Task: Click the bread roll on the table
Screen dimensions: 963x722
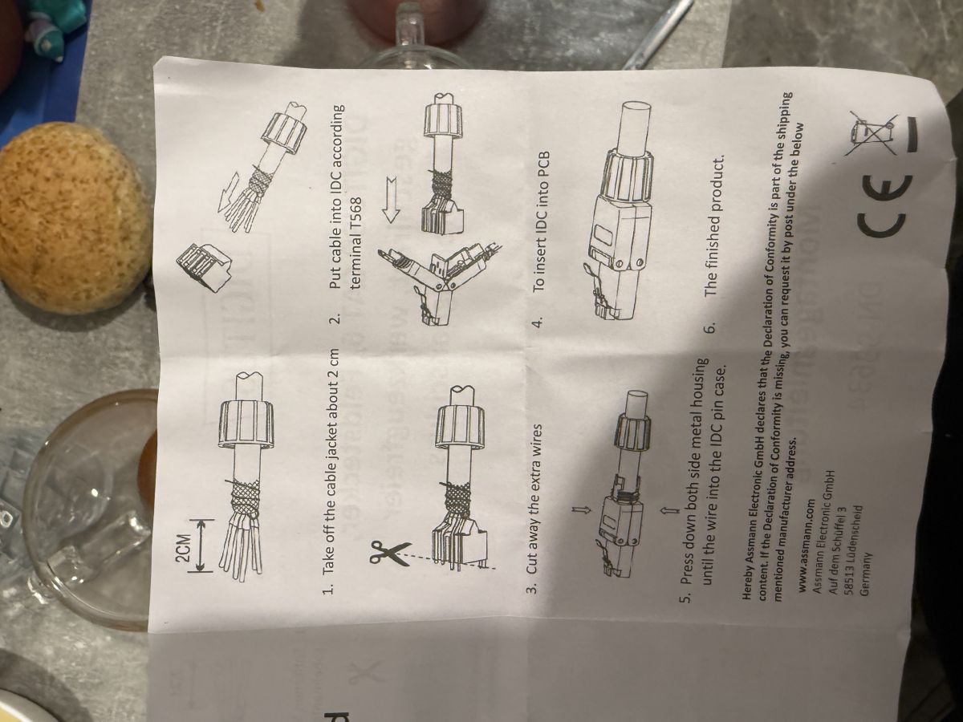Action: pos(71,217)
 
